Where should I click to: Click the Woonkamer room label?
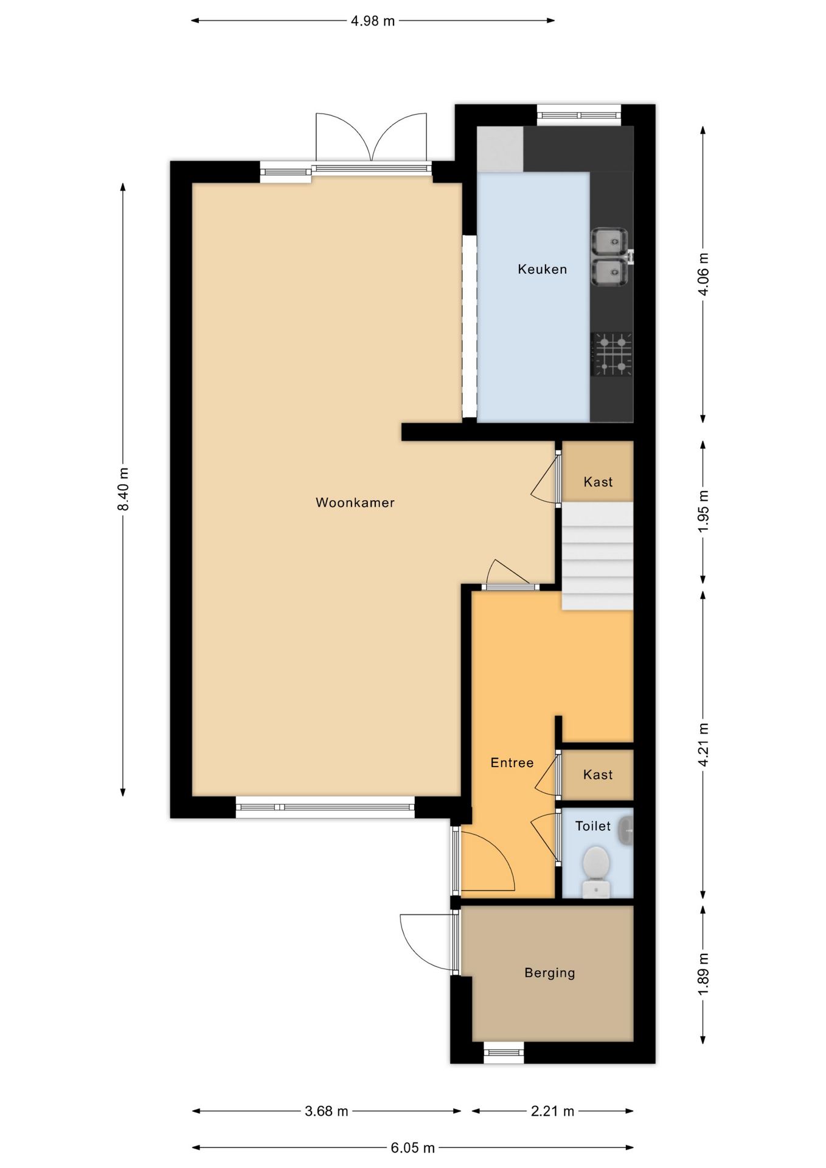(x=355, y=502)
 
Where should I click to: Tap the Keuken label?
(x=543, y=269)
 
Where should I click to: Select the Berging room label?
(x=550, y=973)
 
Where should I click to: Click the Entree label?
(x=512, y=762)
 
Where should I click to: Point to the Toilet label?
(x=593, y=826)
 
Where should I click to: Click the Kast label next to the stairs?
(x=598, y=482)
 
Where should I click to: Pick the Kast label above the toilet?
(x=598, y=774)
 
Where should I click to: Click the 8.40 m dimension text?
(x=123, y=489)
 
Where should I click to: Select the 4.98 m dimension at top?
(x=373, y=21)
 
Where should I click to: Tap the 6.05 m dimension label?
(x=412, y=1147)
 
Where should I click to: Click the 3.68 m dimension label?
(x=327, y=1111)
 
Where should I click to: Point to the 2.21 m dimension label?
(x=552, y=1111)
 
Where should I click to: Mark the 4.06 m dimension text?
(x=703, y=274)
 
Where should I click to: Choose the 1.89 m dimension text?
(x=703, y=975)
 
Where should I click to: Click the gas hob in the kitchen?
(x=611, y=354)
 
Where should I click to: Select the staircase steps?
(x=597, y=555)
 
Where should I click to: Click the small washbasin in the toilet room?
(x=626, y=831)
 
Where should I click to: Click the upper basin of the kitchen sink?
(x=609, y=241)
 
